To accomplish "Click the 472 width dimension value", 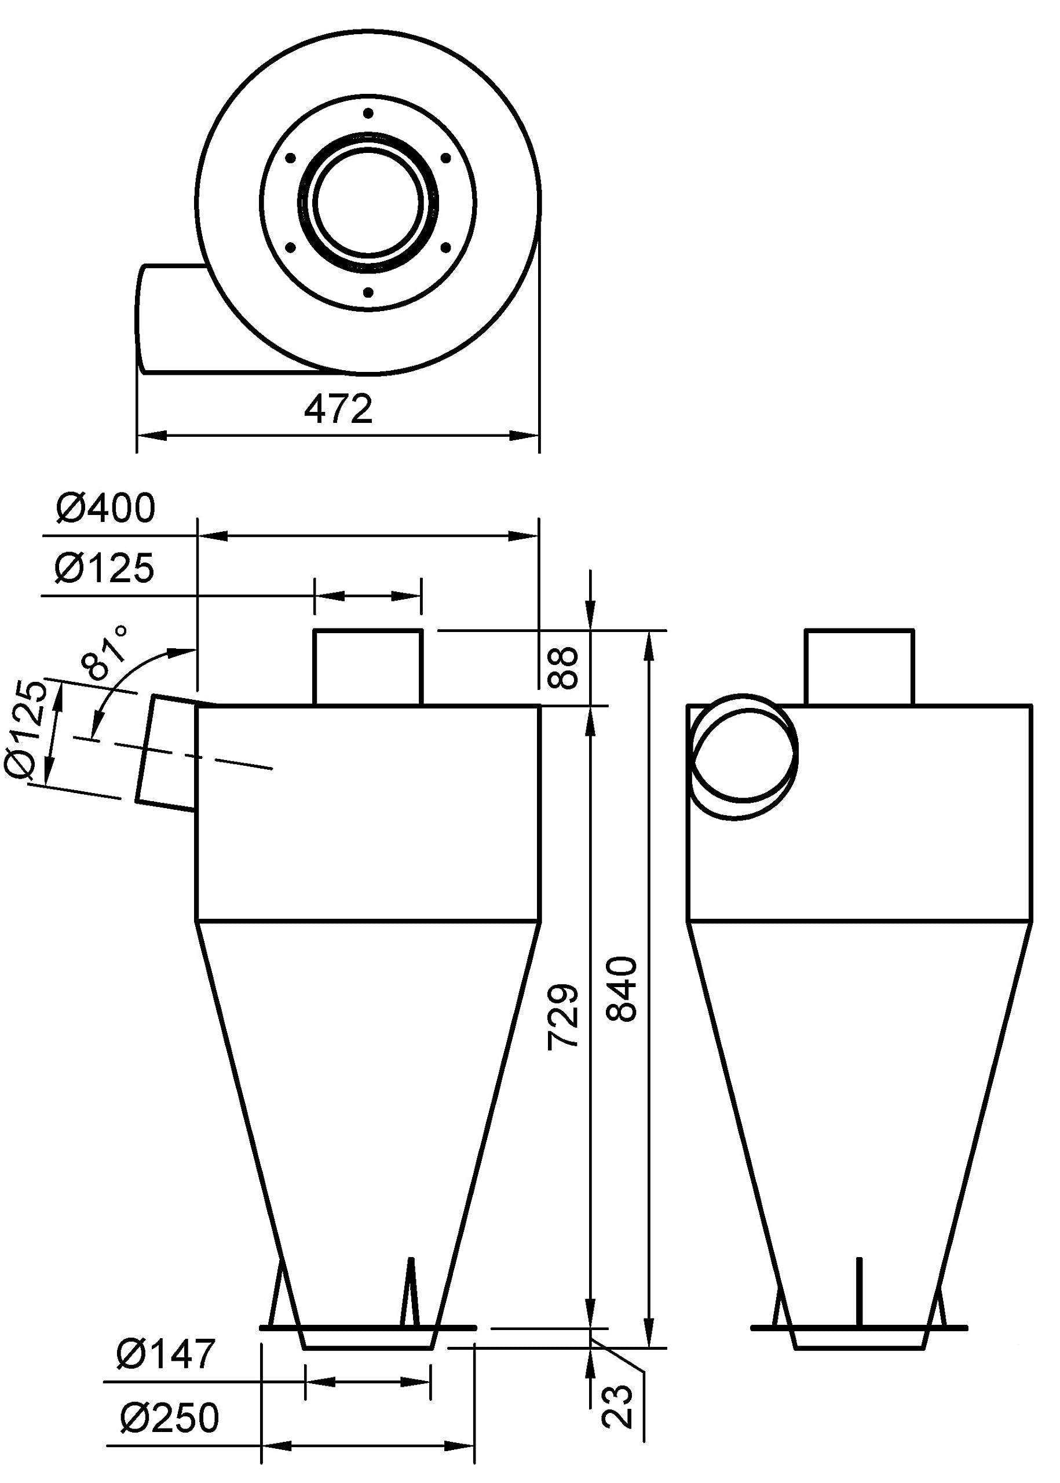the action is (x=338, y=409).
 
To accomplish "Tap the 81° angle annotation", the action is (x=104, y=652).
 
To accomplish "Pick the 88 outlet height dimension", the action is (x=563, y=667).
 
